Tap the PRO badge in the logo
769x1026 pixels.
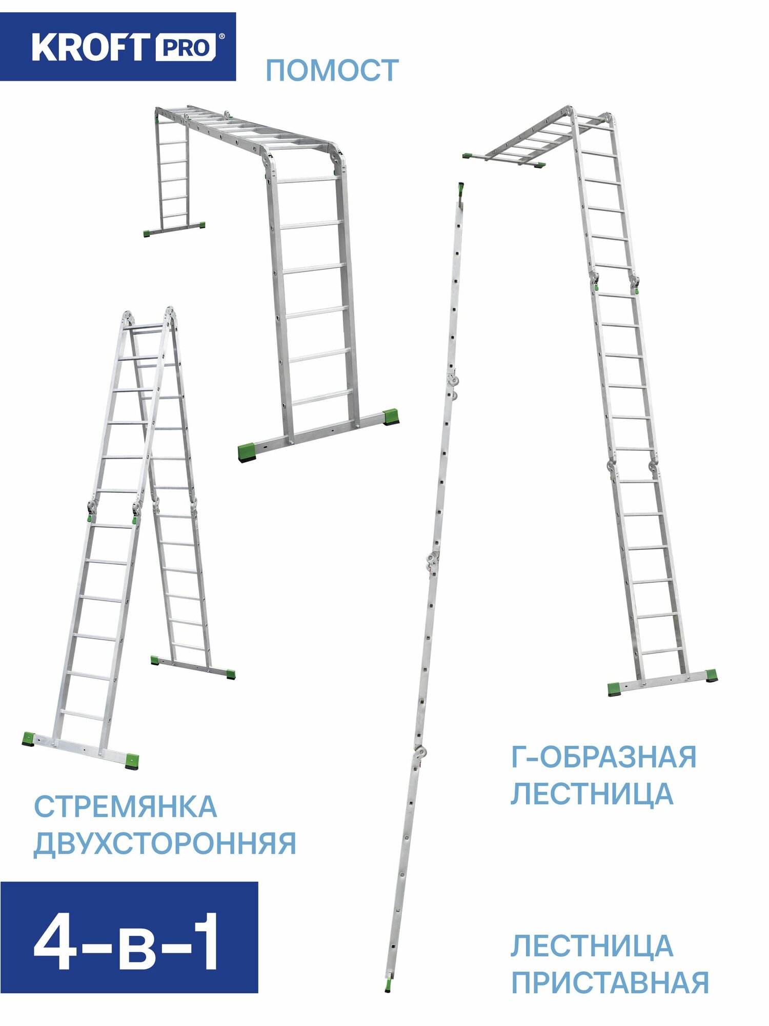tap(186, 48)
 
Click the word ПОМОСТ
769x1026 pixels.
tap(332, 70)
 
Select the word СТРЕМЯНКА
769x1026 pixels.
tap(126, 807)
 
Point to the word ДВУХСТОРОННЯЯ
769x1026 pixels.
tap(165, 843)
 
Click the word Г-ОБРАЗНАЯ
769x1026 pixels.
tap(603, 757)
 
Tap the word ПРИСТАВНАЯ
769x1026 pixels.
tap(610, 982)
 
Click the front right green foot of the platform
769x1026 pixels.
tap(392, 416)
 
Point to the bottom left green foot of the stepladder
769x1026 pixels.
tap(28, 739)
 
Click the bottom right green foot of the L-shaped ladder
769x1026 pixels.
tap(711, 676)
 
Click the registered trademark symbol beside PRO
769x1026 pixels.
tap(221, 36)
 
